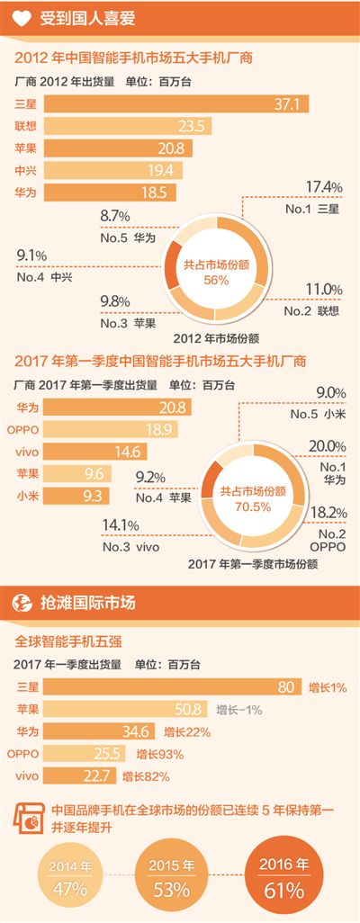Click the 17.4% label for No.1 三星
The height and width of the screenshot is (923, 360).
tap(324, 187)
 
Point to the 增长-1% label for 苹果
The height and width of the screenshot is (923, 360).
tap(238, 710)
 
